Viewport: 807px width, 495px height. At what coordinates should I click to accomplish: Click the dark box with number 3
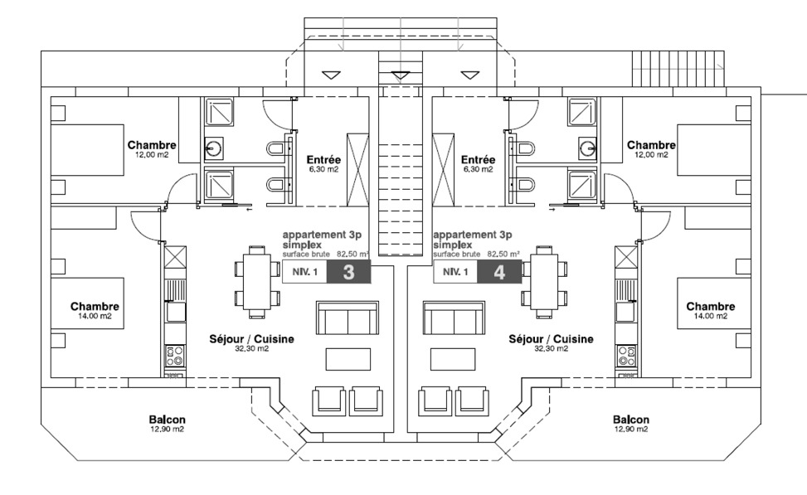[x=348, y=272]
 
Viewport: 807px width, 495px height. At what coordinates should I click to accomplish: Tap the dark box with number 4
[x=498, y=272]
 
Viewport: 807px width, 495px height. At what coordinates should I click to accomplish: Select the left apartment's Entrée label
[x=322, y=160]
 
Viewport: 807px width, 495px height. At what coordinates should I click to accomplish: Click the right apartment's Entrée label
[x=478, y=160]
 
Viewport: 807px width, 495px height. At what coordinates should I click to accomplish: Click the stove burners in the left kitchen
[x=174, y=357]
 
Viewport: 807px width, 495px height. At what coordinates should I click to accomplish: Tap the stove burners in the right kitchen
[x=625, y=357]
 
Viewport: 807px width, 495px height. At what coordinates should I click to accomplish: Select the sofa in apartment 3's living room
[x=347, y=318]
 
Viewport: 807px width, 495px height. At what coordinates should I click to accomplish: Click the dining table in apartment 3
[x=256, y=279]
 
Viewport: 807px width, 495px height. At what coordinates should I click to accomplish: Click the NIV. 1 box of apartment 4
[x=455, y=272]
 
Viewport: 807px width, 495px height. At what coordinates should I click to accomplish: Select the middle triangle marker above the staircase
[x=401, y=75]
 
